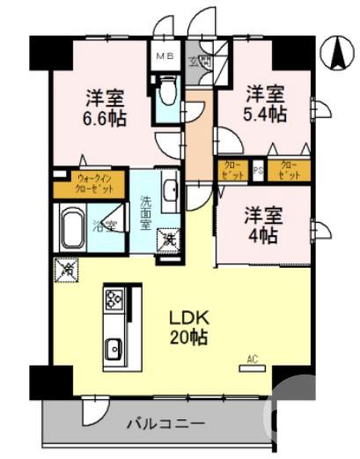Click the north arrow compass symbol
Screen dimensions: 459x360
tap(336, 54)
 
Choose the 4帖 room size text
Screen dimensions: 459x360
tap(263, 224)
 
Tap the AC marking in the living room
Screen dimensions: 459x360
tap(253, 358)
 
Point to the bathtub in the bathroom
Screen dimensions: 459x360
tap(71, 228)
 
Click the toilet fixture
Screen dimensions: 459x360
tap(166, 93)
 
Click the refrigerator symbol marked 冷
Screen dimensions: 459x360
tap(65, 269)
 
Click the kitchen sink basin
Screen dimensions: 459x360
tap(114, 350)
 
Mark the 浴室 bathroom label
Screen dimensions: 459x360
tap(107, 226)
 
